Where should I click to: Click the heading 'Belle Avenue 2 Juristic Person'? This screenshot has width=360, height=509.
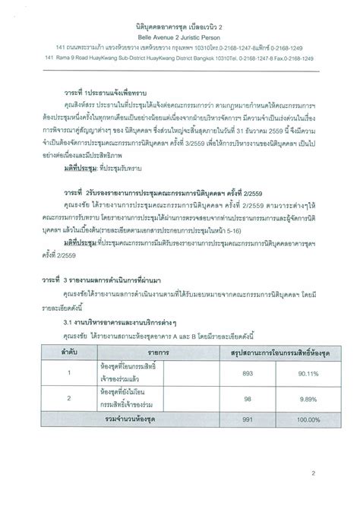(180, 36)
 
